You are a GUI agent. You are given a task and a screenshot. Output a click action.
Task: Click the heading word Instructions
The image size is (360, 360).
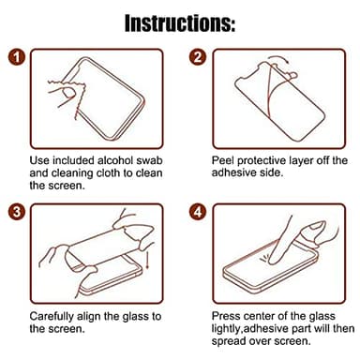[x=179, y=22]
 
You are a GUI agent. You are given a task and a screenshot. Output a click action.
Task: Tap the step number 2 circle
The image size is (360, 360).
[x=198, y=57]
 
